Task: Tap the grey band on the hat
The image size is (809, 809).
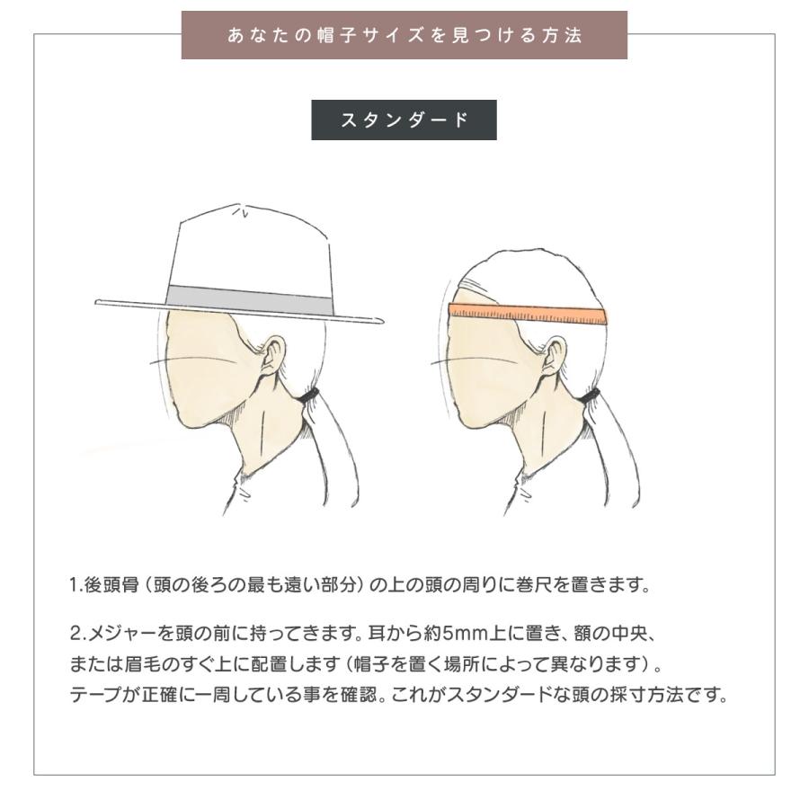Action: click(x=249, y=299)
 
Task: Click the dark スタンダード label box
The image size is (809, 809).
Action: click(x=404, y=120)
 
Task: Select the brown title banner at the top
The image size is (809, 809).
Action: click(x=404, y=35)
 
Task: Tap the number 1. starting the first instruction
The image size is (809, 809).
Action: click(x=76, y=585)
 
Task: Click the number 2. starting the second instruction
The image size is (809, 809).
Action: click(x=78, y=633)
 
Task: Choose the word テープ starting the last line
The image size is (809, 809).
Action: click(x=95, y=695)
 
